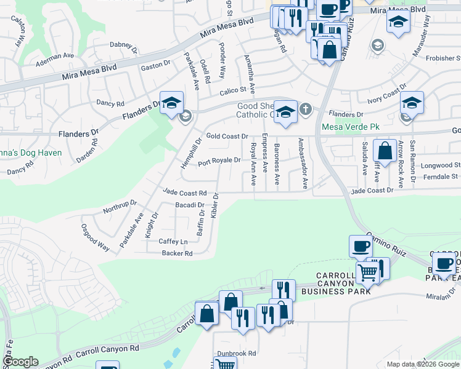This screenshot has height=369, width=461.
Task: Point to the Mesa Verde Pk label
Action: [347, 128]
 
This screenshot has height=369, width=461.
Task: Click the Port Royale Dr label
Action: [219, 161]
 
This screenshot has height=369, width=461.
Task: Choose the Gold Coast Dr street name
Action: [226, 136]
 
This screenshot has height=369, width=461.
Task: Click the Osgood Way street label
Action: [96, 237]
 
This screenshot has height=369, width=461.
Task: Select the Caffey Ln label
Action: [173, 242]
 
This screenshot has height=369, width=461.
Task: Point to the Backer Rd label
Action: [177, 253]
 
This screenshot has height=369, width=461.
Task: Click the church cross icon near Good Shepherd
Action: [305, 109]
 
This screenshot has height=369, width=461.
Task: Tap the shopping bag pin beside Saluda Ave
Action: [385, 151]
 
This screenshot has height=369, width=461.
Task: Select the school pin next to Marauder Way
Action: [398, 23]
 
